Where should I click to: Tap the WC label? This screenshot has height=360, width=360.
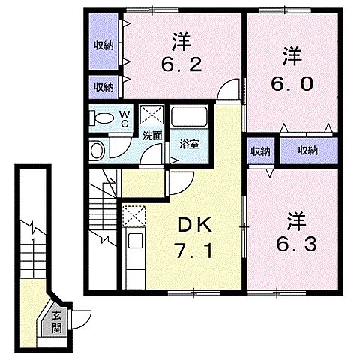tap(124, 118)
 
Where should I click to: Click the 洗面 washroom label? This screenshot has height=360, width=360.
tap(152, 136)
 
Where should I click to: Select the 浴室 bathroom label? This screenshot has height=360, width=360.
tap(189, 144)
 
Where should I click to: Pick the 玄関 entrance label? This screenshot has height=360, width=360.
tap(57, 322)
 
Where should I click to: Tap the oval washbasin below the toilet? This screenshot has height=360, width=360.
tap(97, 151)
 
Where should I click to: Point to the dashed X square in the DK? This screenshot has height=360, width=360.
tap(134, 216)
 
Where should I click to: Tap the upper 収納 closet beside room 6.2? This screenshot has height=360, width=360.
tap(103, 45)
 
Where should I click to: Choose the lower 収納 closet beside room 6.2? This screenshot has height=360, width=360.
tap(103, 86)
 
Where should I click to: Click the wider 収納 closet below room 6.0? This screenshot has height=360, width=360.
tap(308, 150)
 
